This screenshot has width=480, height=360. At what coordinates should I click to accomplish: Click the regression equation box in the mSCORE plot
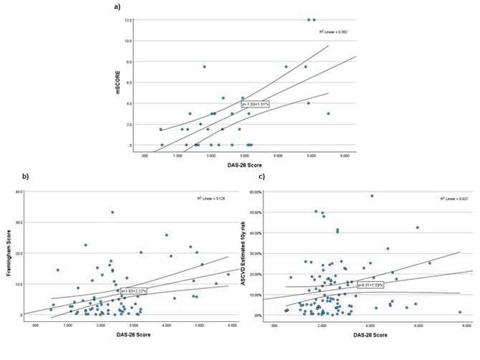point(254,105)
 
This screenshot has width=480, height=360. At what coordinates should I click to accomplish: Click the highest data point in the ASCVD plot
point(372,196)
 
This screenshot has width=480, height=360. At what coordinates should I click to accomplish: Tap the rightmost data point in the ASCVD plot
point(459,312)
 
